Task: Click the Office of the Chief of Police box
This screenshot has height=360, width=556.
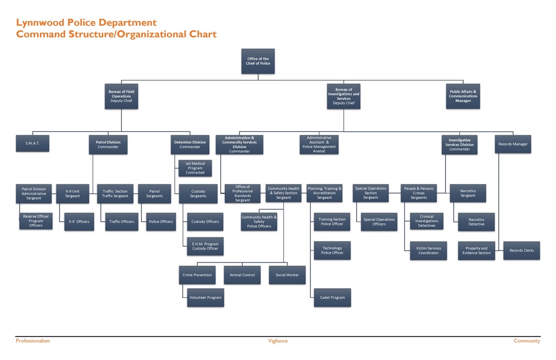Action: click(x=258, y=61)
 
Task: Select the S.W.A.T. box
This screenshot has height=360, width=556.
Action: click(x=32, y=144)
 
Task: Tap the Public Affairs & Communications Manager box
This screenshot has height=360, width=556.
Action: click(x=463, y=96)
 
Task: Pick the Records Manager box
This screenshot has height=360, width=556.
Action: click(x=513, y=144)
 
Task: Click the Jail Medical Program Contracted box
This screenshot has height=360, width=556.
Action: click(x=195, y=168)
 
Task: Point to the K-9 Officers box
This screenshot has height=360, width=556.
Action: click(x=79, y=221)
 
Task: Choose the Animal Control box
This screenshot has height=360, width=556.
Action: click(x=242, y=275)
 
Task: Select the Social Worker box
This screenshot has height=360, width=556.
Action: click(x=287, y=275)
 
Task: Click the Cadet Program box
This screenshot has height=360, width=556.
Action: click(x=332, y=297)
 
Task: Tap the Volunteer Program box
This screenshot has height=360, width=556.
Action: click(x=205, y=297)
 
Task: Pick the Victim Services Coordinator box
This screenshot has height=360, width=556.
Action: click(x=428, y=251)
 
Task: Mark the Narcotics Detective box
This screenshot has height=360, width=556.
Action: click(x=476, y=222)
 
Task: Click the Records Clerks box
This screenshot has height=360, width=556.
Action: click(x=522, y=251)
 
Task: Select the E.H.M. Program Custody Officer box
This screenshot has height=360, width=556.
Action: click(x=205, y=246)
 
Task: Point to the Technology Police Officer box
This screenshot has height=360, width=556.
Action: click(x=332, y=251)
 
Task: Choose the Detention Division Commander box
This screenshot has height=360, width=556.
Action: click(x=190, y=145)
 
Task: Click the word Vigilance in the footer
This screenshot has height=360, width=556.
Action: click(x=278, y=341)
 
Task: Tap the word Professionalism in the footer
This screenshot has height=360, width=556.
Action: click(x=33, y=341)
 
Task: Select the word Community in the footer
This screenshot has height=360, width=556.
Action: click(x=527, y=341)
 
